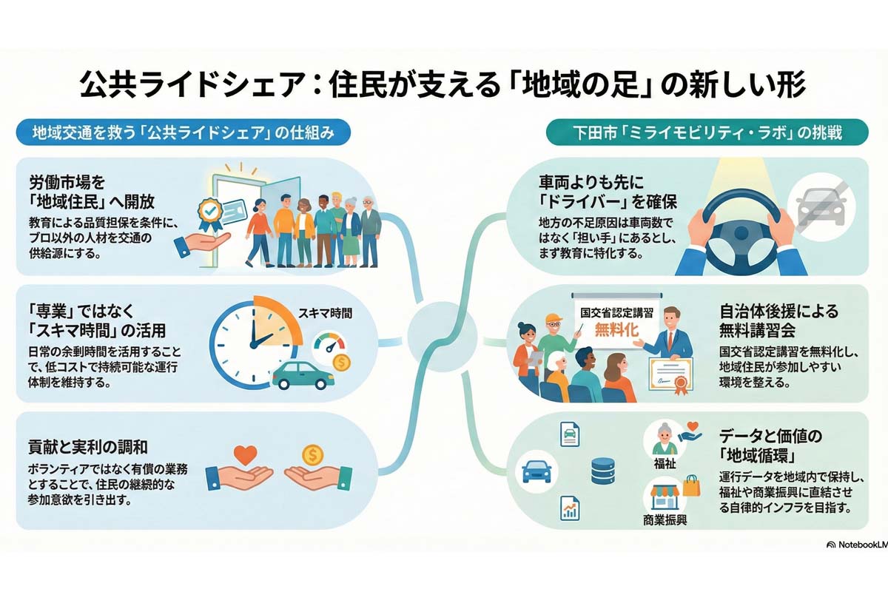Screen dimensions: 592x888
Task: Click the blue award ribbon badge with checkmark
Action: pyautogui.click(x=209, y=212)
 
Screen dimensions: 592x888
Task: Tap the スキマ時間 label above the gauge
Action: pyautogui.click(x=326, y=313)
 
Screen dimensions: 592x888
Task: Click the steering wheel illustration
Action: pyautogui.click(x=739, y=223)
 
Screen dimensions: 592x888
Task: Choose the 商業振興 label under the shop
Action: pyautogui.click(x=665, y=520)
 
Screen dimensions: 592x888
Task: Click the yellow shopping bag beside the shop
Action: pyautogui.click(x=691, y=486)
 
